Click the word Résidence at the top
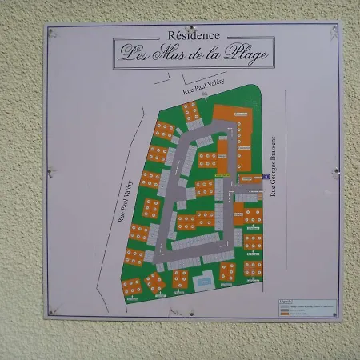point(195,36)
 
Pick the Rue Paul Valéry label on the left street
point(126,202)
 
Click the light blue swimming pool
point(205,282)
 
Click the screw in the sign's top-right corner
point(334,33)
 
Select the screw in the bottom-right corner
point(334,314)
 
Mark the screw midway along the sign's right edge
point(336,173)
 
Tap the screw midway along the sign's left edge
point(50,171)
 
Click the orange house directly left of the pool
point(180,278)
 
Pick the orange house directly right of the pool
point(228,273)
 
